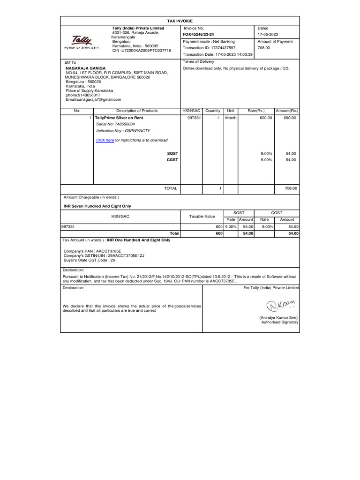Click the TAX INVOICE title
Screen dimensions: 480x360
click(x=180, y=21)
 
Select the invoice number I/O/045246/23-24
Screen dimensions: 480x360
click(x=201, y=35)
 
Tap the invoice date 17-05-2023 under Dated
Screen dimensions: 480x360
click(x=268, y=35)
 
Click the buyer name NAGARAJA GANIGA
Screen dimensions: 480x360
click(x=85, y=68)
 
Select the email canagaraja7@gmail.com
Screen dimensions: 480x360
click(x=93, y=99)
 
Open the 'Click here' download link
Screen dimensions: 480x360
click(x=105, y=140)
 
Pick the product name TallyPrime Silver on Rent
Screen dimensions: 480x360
click(x=120, y=118)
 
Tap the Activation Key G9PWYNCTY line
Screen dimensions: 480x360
click(x=123, y=131)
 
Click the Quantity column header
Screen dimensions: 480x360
click(x=213, y=111)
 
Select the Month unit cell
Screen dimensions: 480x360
click(x=231, y=118)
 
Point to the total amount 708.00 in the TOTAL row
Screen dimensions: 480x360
click(x=291, y=188)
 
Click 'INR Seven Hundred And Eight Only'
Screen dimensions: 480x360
click(x=97, y=206)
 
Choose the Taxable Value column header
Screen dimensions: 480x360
click(x=202, y=216)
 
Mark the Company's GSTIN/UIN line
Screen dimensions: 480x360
click(x=104, y=255)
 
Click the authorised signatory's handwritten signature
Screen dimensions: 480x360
click(x=280, y=307)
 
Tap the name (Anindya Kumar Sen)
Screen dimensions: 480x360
click(x=279, y=317)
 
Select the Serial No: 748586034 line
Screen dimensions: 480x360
click(x=115, y=124)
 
